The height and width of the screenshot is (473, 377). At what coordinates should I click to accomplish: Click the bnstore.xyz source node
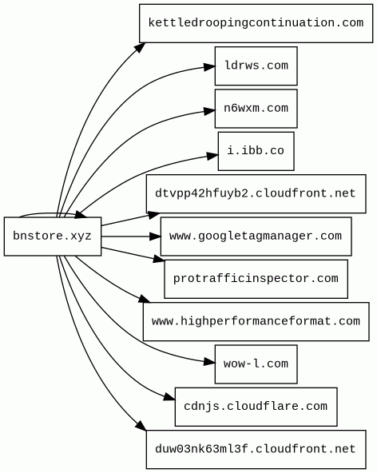(53, 236)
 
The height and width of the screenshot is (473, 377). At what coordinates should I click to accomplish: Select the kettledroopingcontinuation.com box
(256, 23)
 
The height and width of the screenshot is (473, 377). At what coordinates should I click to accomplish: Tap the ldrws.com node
(256, 66)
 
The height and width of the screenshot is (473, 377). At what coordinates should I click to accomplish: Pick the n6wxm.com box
(256, 109)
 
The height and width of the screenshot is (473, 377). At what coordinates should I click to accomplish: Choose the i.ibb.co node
(256, 151)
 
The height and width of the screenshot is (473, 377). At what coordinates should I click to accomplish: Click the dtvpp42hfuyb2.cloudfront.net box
(256, 193)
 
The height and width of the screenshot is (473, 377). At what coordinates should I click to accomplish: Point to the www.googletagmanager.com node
(256, 236)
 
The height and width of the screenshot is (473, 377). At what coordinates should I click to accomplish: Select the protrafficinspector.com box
(256, 279)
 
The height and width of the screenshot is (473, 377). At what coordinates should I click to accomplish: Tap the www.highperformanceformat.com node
(256, 321)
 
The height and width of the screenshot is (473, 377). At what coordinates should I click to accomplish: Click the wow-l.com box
(256, 364)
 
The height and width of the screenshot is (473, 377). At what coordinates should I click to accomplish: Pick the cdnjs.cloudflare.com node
(256, 407)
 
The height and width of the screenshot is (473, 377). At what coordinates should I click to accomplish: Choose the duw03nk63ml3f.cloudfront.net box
(256, 450)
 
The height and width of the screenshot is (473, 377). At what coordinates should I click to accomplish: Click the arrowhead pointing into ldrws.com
(209, 66)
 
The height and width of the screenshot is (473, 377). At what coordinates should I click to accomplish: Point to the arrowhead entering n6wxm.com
(209, 111)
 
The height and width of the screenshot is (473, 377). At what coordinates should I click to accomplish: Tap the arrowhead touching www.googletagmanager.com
(155, 236)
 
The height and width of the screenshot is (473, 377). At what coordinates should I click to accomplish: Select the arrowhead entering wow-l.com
(209, 361)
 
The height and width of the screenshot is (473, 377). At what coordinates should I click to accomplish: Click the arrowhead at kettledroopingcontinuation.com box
(141, 48)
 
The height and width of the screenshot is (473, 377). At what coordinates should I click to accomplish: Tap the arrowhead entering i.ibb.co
(212, 156)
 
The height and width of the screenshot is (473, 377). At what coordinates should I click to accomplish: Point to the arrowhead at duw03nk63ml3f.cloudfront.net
(141, 425)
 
